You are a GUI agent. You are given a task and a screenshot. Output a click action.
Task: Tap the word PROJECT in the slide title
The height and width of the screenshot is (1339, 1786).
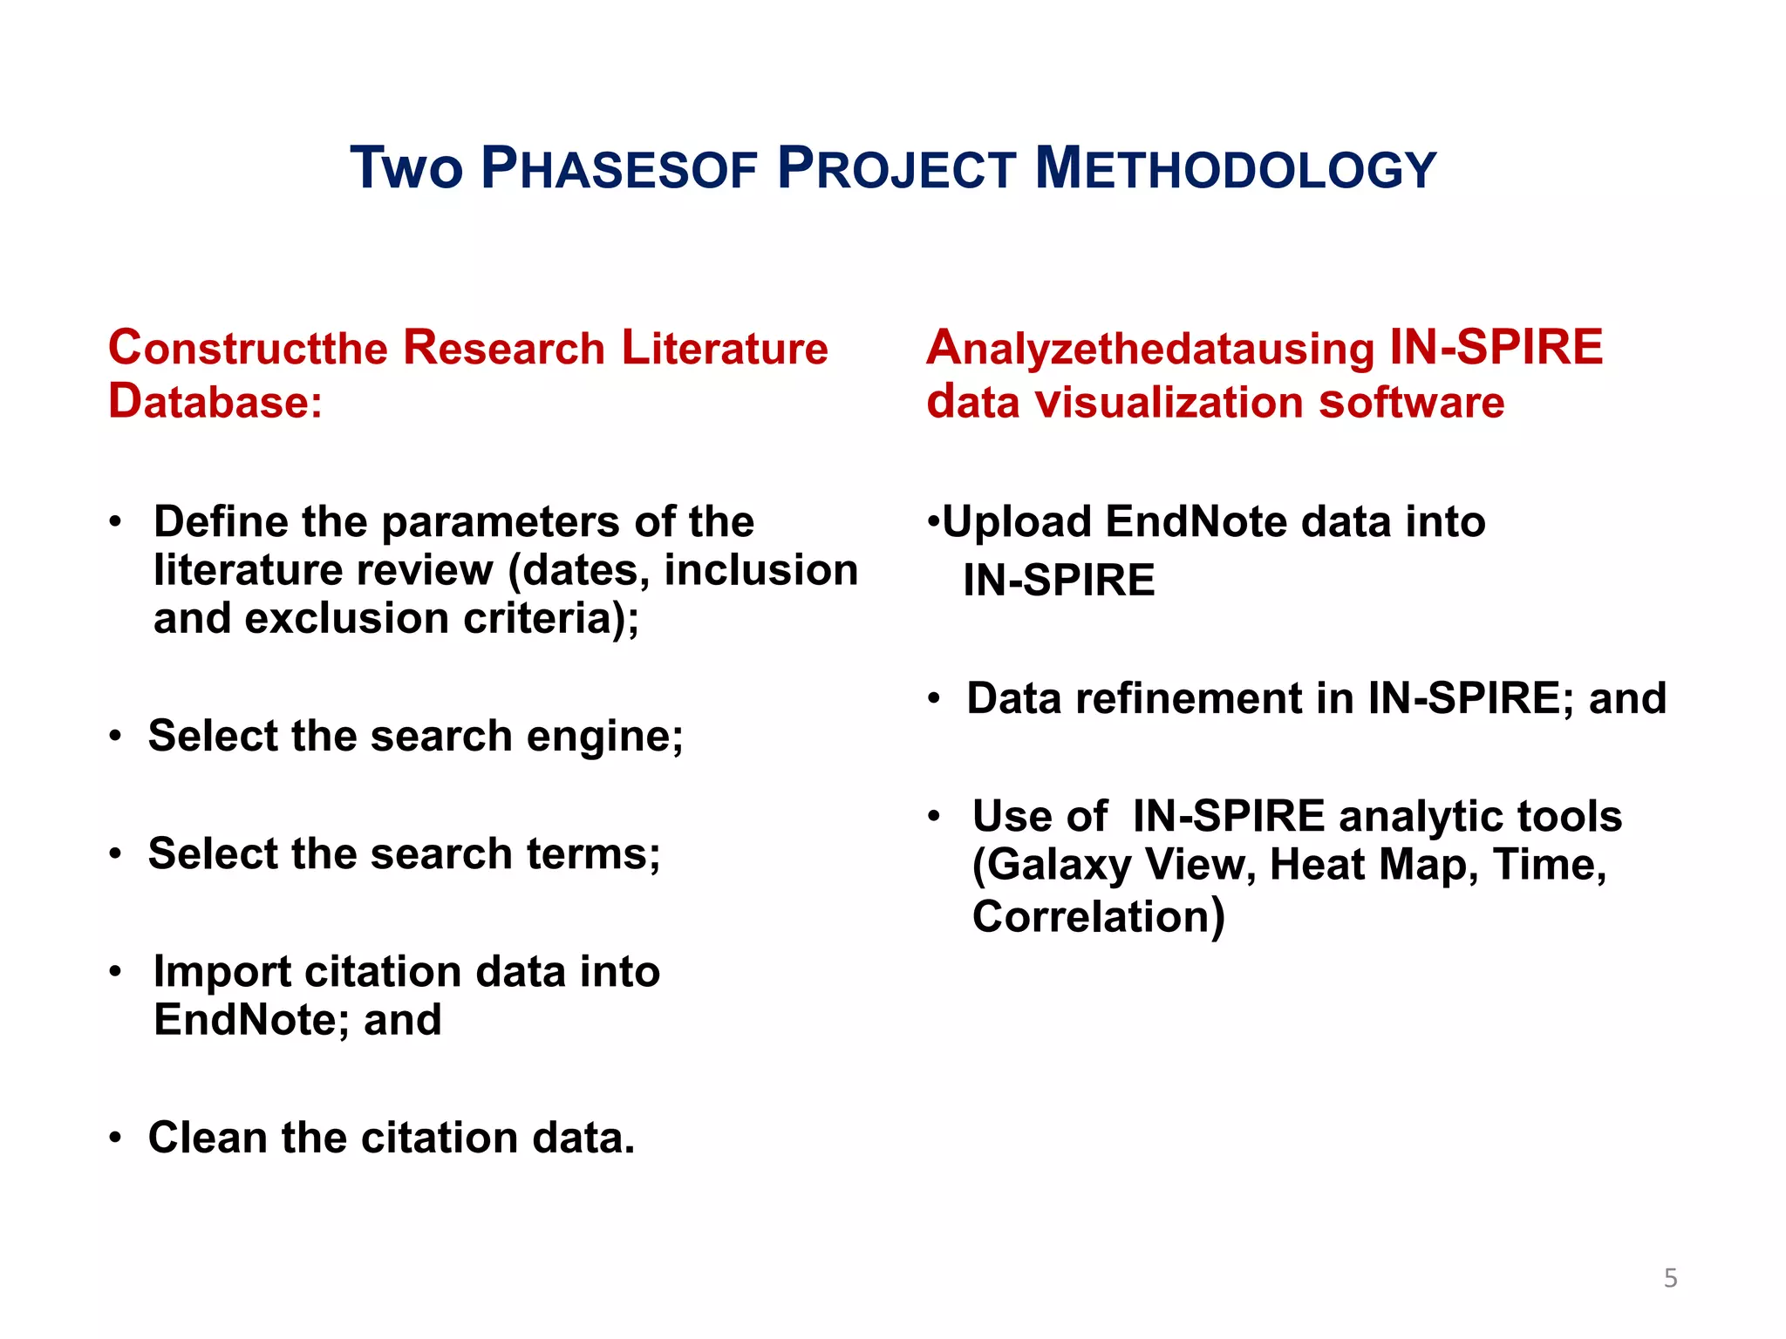(x=896, y=168)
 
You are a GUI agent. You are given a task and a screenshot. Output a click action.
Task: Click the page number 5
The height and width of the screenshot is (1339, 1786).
(x=1670, y=1278)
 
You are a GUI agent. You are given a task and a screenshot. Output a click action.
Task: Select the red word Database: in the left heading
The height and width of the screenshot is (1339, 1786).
(x=215, y=402)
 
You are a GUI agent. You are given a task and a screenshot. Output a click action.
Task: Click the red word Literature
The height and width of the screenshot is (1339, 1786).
(x=724, y=348)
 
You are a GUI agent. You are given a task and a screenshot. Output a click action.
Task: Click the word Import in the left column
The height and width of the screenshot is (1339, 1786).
(x=222, y=971)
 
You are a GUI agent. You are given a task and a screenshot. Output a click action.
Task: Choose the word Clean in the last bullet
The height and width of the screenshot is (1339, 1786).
(x=208, y=1138)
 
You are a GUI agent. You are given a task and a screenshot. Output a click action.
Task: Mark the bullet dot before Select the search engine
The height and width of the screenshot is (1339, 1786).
(x=115, y=737)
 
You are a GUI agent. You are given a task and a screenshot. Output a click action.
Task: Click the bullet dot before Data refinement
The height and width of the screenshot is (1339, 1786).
(x=934, y=699)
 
